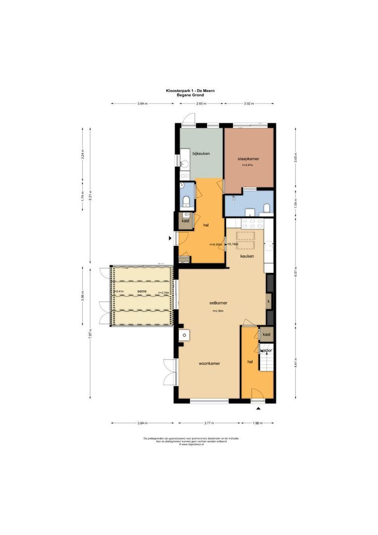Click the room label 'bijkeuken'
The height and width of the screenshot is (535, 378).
tap(201, 154)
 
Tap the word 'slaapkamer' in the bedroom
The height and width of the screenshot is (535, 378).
tap(248, 159)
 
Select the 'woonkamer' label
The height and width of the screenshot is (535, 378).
tap(209, 363)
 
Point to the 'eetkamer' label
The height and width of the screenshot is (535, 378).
tap(218, 302)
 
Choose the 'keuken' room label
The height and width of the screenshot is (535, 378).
tap(247, 256)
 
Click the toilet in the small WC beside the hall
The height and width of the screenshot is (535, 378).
tap(187, 201)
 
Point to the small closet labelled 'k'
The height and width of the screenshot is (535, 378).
tap(269, 301)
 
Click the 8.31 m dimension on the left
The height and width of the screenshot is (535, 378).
tap(90, 193)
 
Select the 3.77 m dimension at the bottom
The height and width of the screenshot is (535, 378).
tap(209, 423)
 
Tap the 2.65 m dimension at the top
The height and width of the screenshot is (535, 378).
tap(201, 104)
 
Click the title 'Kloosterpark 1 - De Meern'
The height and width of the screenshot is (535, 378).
tap(190, 91)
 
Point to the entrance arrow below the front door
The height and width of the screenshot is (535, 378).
tap(258, 409)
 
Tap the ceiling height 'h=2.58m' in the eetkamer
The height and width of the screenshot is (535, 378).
tap(218, 311)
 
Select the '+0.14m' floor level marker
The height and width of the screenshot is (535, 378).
tap(233, 244)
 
